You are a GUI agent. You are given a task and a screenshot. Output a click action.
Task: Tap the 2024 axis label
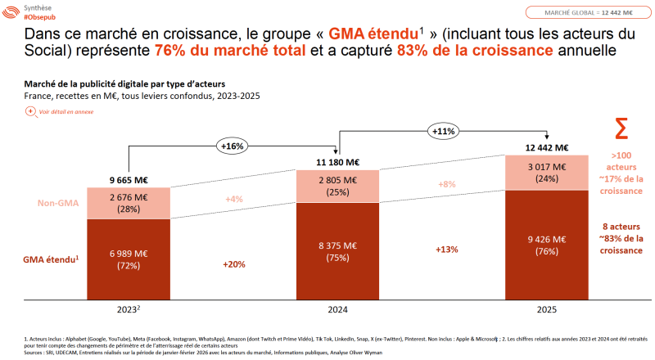pyautogui.click(x=337, y=310)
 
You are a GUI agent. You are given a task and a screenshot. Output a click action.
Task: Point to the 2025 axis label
pyautogui.click(x=546, y=310)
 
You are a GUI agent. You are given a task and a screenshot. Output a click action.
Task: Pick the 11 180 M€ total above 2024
pyautogui.click(x=337, y=161)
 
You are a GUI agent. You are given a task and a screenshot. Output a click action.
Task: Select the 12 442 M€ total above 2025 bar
pyautogui.click(x=546, y=147)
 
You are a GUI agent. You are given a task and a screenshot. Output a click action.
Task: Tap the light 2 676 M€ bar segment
pyautogui.click(x=128, y=203)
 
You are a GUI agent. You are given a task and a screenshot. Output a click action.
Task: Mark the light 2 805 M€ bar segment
pyautogui.click(x=337, y=186)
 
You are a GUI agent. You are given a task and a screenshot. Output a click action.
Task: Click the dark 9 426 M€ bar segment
pyautogui.click(x=546, y=245)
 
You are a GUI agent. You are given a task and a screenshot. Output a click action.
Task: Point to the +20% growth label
pyautogui.click(x=233, y=264)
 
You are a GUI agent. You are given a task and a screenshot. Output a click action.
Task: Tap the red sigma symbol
pyautogui.click(x=621, y=129)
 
